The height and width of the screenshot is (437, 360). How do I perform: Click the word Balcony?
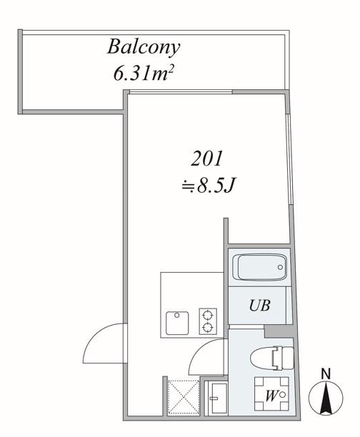144,48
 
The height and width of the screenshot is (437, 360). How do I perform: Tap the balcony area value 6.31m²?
144,74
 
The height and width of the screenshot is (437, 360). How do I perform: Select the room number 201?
207,159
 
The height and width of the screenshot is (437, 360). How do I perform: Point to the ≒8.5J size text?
207,186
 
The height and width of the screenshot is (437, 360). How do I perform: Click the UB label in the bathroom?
259,305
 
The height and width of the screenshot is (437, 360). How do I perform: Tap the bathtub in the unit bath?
262,267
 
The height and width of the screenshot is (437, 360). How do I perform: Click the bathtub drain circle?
280,267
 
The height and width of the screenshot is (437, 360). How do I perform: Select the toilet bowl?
272,358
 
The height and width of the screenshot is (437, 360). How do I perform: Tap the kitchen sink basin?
177,323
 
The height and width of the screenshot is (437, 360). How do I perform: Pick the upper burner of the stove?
208,315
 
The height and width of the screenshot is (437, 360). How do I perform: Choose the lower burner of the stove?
208,327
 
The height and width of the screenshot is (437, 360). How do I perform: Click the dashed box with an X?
184,397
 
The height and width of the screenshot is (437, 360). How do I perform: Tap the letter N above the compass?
326,374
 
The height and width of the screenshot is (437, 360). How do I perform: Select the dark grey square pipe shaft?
279,332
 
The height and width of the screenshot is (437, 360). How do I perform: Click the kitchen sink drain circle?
176,315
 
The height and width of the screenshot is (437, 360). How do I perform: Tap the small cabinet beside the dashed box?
216,398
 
